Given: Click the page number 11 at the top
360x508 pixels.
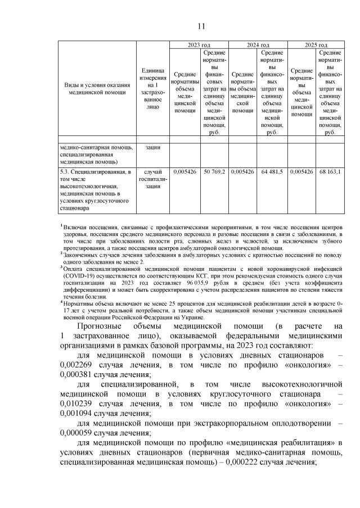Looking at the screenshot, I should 201,26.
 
